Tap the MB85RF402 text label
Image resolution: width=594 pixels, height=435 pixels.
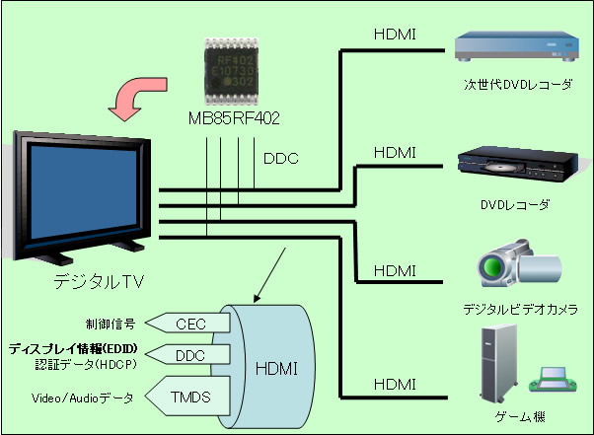tap(234, 118)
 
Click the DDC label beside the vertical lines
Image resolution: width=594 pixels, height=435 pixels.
tap(280, 157)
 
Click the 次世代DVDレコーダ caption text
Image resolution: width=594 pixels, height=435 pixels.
tap(517, 86)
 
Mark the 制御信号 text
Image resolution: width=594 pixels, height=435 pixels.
tap(110, 322)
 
